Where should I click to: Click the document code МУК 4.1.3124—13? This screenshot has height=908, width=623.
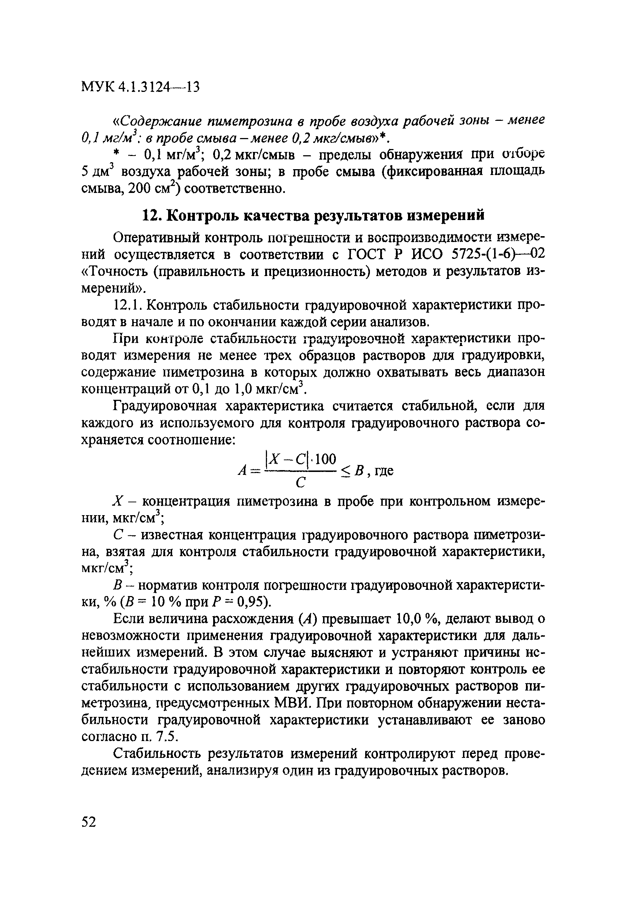click(x=140, y=87)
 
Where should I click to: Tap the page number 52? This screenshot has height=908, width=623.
click(x=89, y=821)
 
